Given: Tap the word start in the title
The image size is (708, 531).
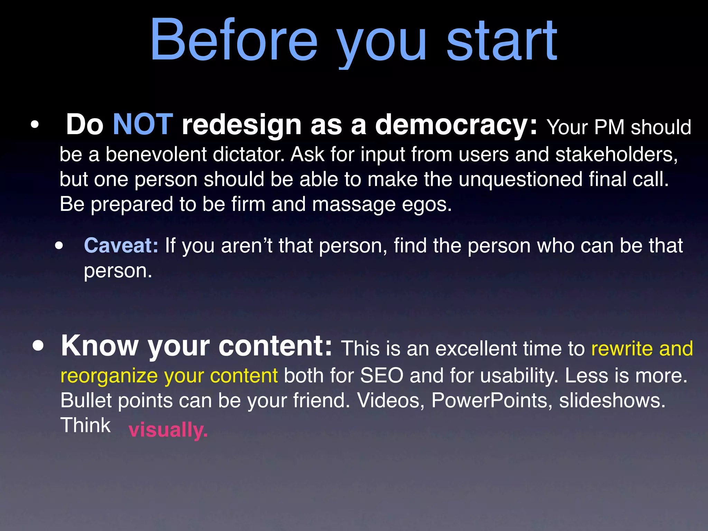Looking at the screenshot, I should pyautogui.click(x=502, y=41).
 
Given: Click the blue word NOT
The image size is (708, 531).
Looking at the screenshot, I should pyautogui.click(x=143, y=124).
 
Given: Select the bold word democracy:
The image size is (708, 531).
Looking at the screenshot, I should pyautogui.click(x=456, y=124).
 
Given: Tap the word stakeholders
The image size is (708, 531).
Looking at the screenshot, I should pyautogui.click(x=616, y=154).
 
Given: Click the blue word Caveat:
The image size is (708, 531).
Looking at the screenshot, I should pyautogui.click(x=121, y=245).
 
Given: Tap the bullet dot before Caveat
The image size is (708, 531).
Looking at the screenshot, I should pyautogui.click(x=59, y=246).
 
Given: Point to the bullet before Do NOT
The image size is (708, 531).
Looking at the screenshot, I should pyautogui.click(x=34, y=125).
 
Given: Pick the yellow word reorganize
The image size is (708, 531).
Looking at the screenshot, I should pyautogui.click(x=109, y=376).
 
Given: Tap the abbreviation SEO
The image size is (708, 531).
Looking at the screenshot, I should pyautogui.click(x=382, y=375).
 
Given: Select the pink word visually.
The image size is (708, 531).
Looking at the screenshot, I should pyautogui.click(x=168, y=430).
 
